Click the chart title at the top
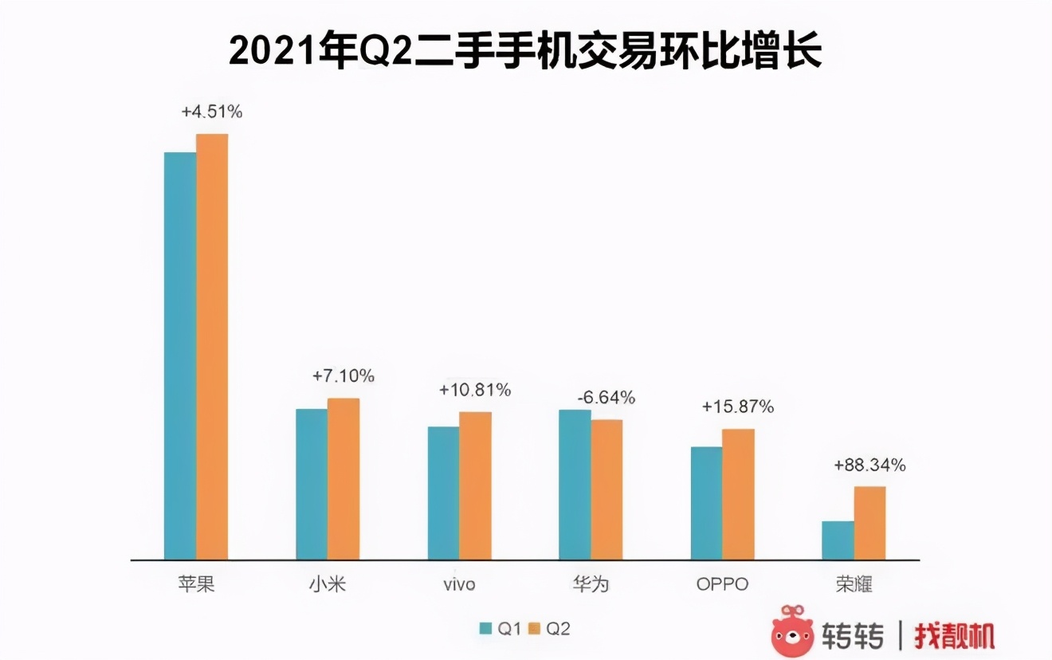pyautogui.click(x=525, y=52)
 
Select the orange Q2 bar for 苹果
pyautogui.click(x=212, y=347)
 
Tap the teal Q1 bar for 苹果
pyautogui.click(x=180, y=356)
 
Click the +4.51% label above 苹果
pyautogui.click(x=212, y=112)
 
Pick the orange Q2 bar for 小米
pyautogui.click(x=343, y=478)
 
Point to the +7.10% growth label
pyautogui.click(x=343, y=375)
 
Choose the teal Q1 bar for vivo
pyautogui.click(x=443, y=493)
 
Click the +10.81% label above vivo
pyautogui.click(x=475, y=390)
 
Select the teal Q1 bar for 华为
pyautogui.click(x=575, y=485)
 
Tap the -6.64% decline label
pyautogui.click(x=606, y=397)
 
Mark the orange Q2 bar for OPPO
pyautogui.click(x=738, y=494)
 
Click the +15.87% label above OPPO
pyautogui.click(x=737, y=407)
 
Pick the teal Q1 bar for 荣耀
pyautogui.click(x=838, y=540)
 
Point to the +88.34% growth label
pyautogui.click(x=869, y=466)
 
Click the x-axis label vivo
pyautogui.click(x=459, y=584)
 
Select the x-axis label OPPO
pyautogui.click(x=722, y=584)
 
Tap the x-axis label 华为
pyautogui.click(x=591, y=584)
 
